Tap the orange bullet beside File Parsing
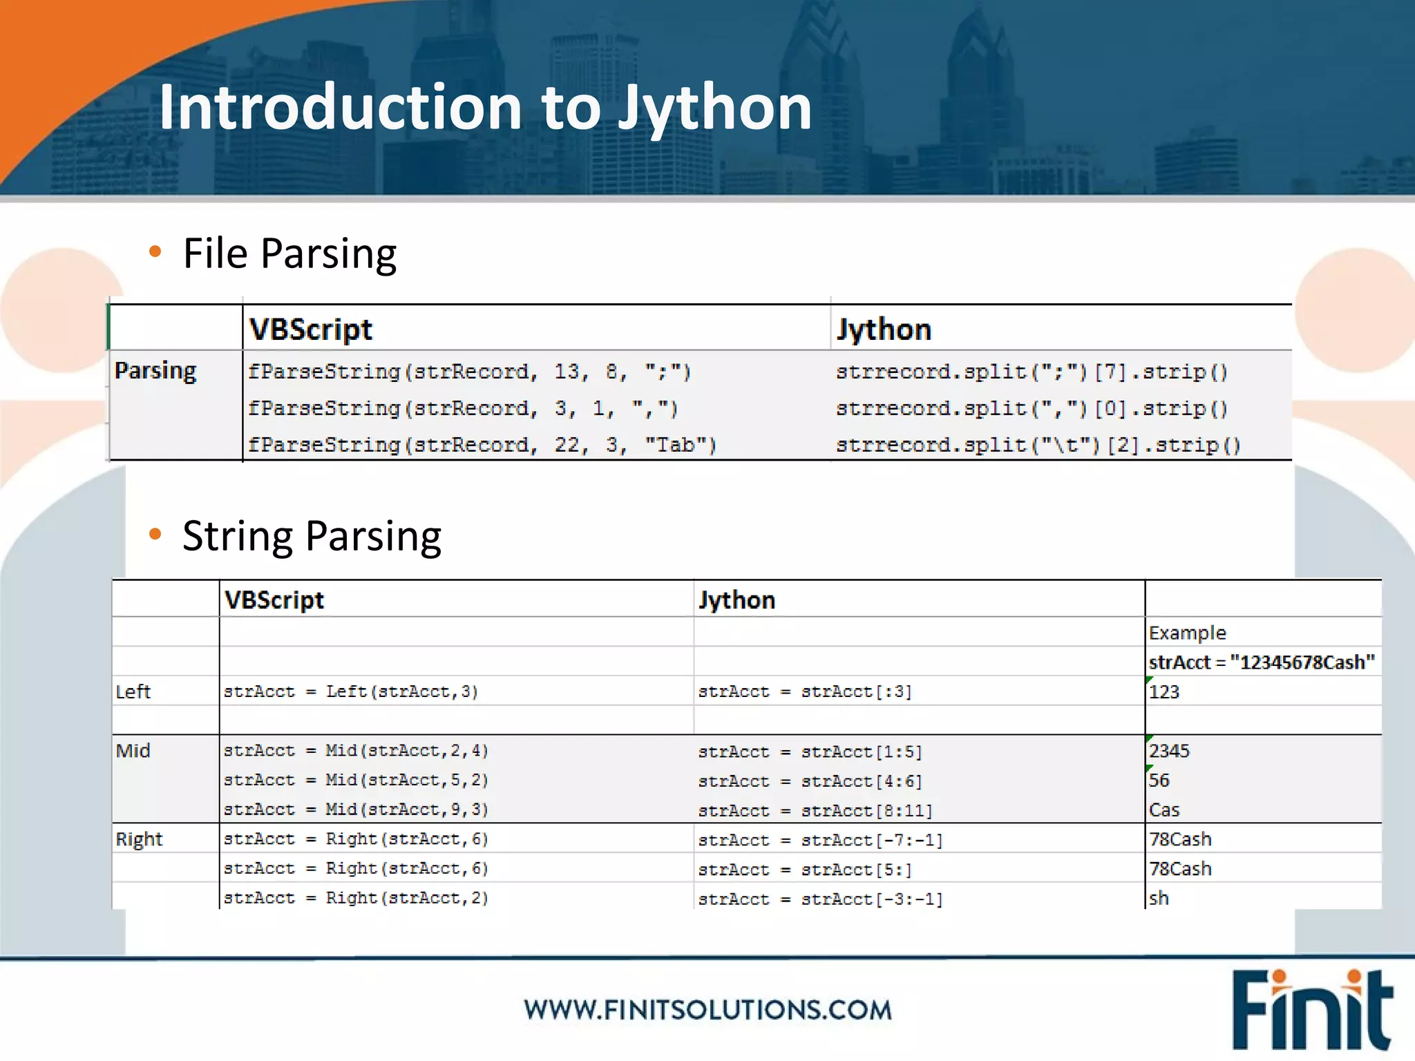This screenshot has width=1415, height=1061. pyautogui.click(x=155, y=251)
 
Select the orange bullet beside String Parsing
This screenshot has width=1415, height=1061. pyautogui.click(x=155, y=534)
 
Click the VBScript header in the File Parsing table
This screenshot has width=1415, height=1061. pyautogui.click(x=311, y=329)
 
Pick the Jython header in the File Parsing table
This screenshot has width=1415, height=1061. pyautogui.click(x=884, y=329)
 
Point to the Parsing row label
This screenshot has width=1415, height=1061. pyautogui.click(x=155, y=370)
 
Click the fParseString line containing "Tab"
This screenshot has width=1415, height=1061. pyautogui.click(x=482, y=445)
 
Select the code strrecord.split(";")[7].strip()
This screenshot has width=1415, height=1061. pyautogui.click(x=1032, y=372)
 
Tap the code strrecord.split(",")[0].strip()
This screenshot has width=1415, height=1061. pyautogui.click(x=1032, y=408)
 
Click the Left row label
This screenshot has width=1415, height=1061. pyautogui.click(x=133, y=691)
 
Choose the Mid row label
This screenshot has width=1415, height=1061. pyautogui.click(x=133, y=750)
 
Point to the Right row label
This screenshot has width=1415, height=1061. pyautogui.click(x=139, y=839)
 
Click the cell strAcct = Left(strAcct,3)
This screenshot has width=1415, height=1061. pyautogui.click(x=351, y=691)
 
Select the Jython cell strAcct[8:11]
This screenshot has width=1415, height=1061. pyautogui.click(x=815, y=810)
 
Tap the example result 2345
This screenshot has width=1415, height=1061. pyautogui.click(x=1169, y=751)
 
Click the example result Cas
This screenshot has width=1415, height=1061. pyautogui.click(x=1164, y=810)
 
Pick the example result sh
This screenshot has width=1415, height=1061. pyautogui.click(x=1159, y=898)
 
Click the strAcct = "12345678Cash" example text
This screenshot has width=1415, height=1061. pyautogui.click(x=1262, y=662)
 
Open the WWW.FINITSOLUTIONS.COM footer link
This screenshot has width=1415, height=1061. pyautogui.click(x=707, y=1010)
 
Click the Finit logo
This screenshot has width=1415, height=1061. pyautogui.click(x=1311, y=1010)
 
